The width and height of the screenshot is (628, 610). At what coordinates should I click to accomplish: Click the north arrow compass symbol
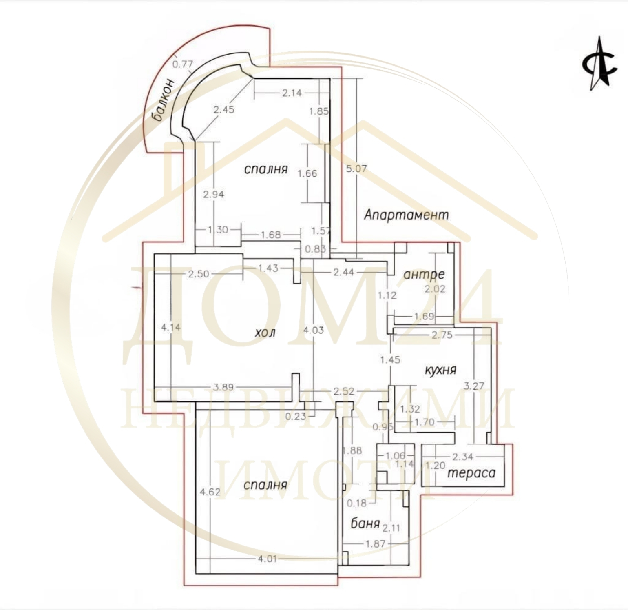[x=599, y=64]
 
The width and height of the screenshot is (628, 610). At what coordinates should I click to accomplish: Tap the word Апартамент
[x=406, y=215]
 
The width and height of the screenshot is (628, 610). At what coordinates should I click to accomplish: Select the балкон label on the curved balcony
[x=164, y=100]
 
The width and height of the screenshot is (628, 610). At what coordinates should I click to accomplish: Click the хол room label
[x=265, y=333]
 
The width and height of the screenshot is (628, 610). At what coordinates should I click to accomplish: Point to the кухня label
[x=440, y=370]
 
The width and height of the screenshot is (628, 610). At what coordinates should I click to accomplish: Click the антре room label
[x=424, y=275]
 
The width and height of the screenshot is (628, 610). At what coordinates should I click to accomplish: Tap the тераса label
[x=471, y=473]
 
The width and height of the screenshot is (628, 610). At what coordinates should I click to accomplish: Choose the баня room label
[x=365, y=523]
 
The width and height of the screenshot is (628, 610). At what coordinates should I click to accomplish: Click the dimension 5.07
[x=356, y=168]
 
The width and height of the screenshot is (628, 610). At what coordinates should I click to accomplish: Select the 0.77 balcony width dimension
[x=182, y=64]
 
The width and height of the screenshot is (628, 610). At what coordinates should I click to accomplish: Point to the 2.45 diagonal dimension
[x=224, y=109]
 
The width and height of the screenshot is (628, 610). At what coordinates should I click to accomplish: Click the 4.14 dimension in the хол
[x=171, y=327]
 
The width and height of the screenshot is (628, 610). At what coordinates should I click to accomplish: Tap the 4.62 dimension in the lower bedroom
[x=210, y=492]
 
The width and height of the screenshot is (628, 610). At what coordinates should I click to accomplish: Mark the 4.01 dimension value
[x=267, y=559]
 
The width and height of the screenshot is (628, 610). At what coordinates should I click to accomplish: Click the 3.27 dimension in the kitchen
[x=474, y=386]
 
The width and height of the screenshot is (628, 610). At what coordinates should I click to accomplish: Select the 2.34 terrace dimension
[x=463, y=457]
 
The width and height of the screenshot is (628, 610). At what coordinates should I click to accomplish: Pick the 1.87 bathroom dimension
[x=376, y=544]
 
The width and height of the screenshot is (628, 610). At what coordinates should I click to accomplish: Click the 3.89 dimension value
[x=223, y=387]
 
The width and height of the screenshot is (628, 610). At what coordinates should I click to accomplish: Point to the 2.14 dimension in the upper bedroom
[x=292, y=93]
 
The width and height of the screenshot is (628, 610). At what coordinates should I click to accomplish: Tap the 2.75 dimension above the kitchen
[x=442, y=335]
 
